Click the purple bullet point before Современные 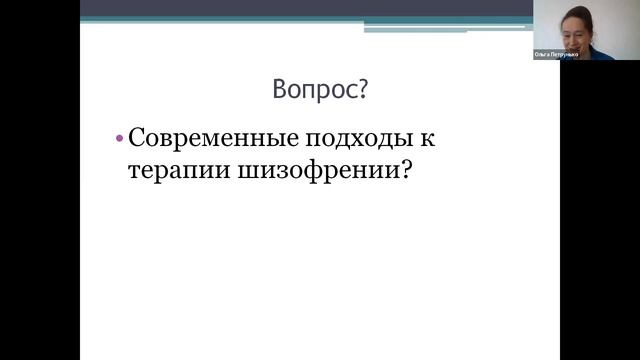click(119, 138)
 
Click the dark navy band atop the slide click(300, 8)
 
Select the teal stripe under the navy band click(450, 21)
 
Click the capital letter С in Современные click(137, 138)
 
